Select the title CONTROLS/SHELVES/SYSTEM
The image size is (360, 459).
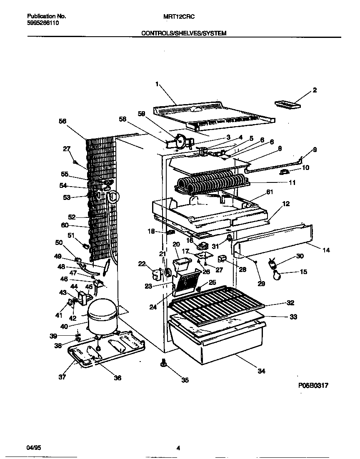coord(184,33)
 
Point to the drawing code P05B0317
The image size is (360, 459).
coord(313,386)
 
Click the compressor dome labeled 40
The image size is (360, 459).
coord(102,312)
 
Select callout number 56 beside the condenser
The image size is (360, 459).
coord(62,121)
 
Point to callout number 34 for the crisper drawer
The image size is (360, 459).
coord(261,371)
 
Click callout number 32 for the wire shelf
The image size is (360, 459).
coord(290,303)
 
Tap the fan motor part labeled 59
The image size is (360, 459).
coord(180,142)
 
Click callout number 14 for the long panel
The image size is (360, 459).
coord(326,250)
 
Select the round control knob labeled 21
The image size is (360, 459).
coord(169,272)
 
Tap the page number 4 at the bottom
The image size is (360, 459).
coord(178,448)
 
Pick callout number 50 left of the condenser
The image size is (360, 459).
coord(59,242)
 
